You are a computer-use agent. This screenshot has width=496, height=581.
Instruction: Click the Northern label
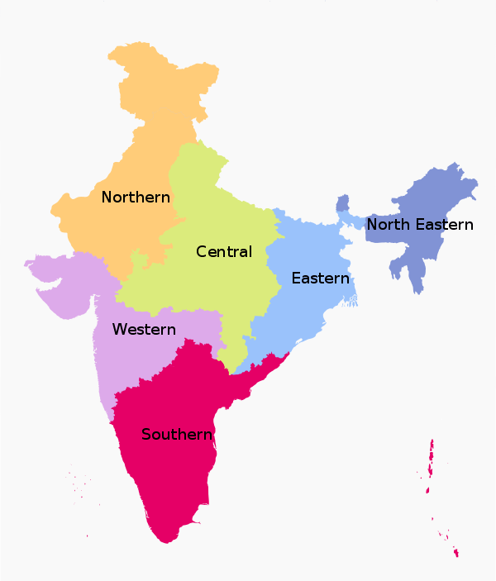136,198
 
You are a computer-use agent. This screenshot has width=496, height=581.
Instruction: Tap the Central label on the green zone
224,251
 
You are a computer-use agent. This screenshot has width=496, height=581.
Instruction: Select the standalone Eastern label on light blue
320,279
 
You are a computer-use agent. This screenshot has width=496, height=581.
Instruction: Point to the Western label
144,330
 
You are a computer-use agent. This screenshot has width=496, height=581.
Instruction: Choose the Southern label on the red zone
177,435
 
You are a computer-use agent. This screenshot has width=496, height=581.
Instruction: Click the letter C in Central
201,251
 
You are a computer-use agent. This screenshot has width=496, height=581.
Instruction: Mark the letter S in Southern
145,435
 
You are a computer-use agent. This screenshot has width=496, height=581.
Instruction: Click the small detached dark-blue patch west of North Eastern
343,203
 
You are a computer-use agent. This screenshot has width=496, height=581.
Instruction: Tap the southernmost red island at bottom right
455,553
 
